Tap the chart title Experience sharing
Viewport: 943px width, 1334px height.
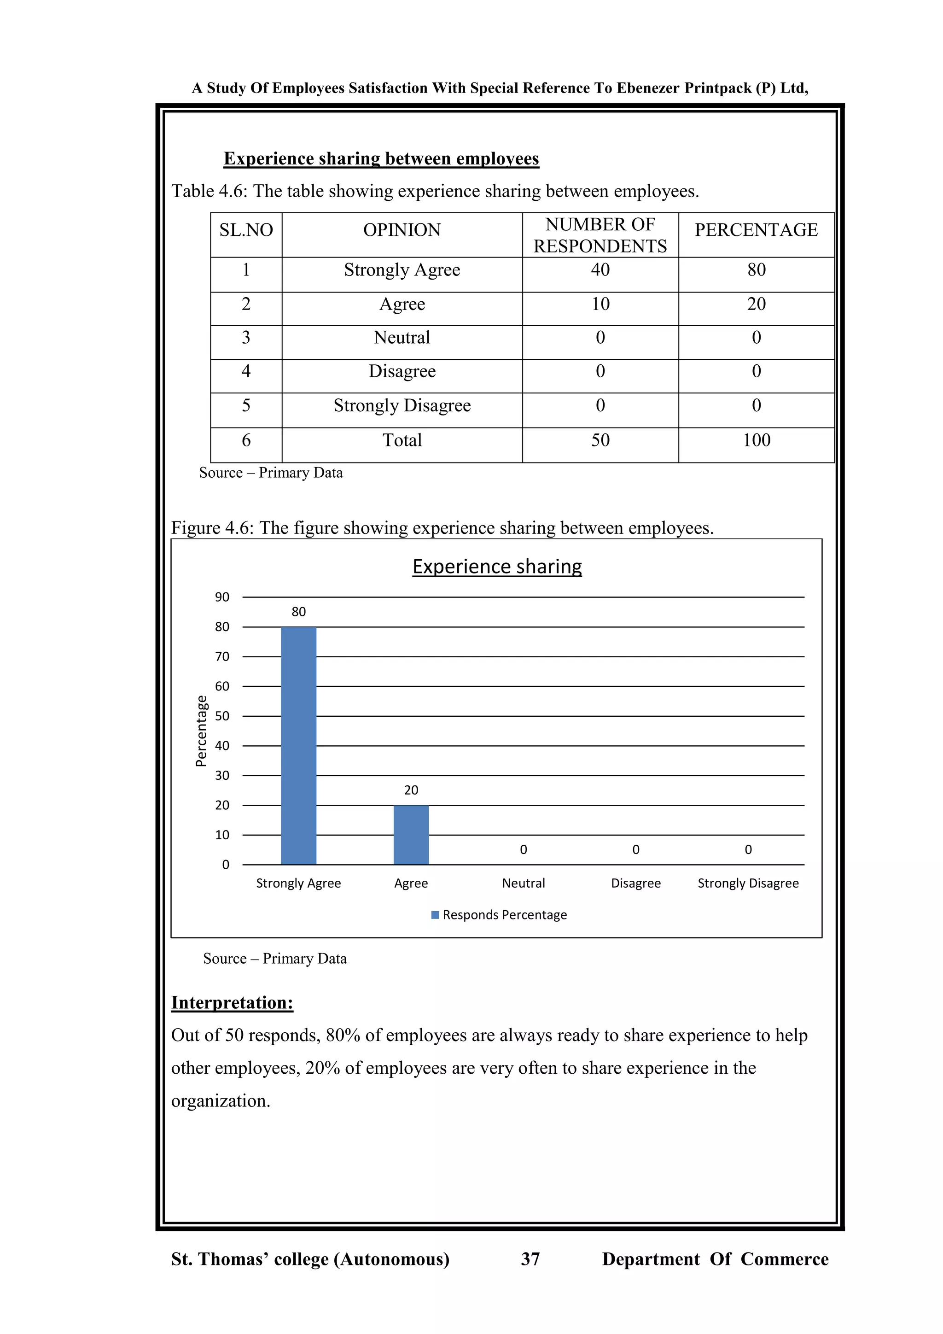(497, 567)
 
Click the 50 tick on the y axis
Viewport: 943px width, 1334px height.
(222, 716)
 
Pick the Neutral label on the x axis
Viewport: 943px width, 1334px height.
(523, 883)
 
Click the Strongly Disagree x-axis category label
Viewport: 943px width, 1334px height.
(748, 883)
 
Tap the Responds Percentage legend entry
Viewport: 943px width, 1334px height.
(504, 915)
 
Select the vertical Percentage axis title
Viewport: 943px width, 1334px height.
(201, 731)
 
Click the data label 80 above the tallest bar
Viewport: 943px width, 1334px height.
(298, 612)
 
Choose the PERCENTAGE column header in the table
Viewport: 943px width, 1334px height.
(756, 230)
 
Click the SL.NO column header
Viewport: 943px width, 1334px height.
(246, 230)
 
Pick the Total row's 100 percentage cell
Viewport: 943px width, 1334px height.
(756, 440)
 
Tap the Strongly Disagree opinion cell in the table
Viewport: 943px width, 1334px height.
(402, 405)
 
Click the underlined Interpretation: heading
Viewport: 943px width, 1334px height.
(232, 1003)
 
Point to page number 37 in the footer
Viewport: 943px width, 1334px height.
(530, 1259)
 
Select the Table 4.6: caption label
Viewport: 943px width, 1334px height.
(210, 191)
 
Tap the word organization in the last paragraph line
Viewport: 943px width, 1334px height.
(220, 1101)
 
